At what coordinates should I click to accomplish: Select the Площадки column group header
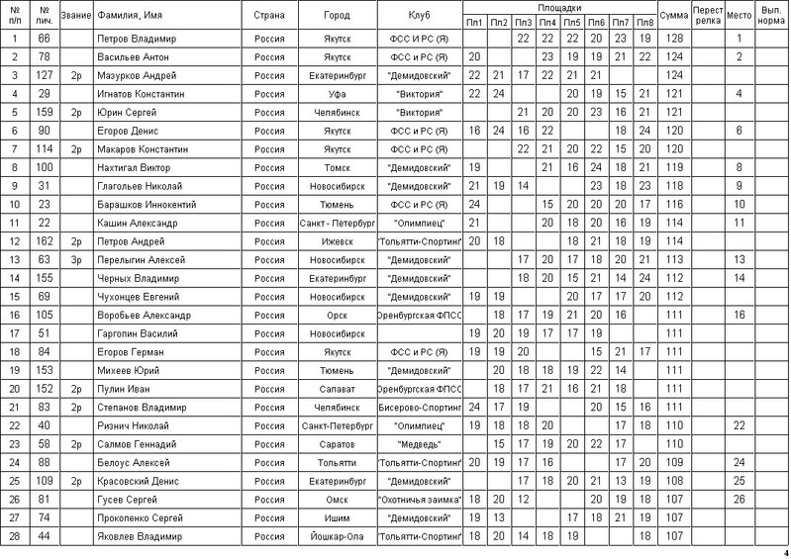coord(558,7)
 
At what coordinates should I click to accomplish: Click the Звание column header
coord(76,16)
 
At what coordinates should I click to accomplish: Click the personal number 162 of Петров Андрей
coord(43,241)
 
